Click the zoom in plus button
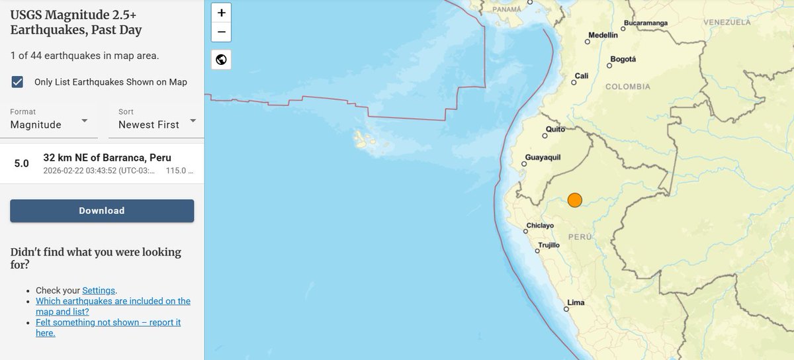221,13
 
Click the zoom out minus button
221,32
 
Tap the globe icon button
221,60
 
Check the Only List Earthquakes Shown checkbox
18,82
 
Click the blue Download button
102,210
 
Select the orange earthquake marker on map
574,200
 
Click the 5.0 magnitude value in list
22,163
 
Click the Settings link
99,291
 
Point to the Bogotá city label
623,59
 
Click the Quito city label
554,130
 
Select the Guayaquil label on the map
543,157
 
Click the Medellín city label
603,34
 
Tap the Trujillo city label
549,245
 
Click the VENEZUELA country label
727,22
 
